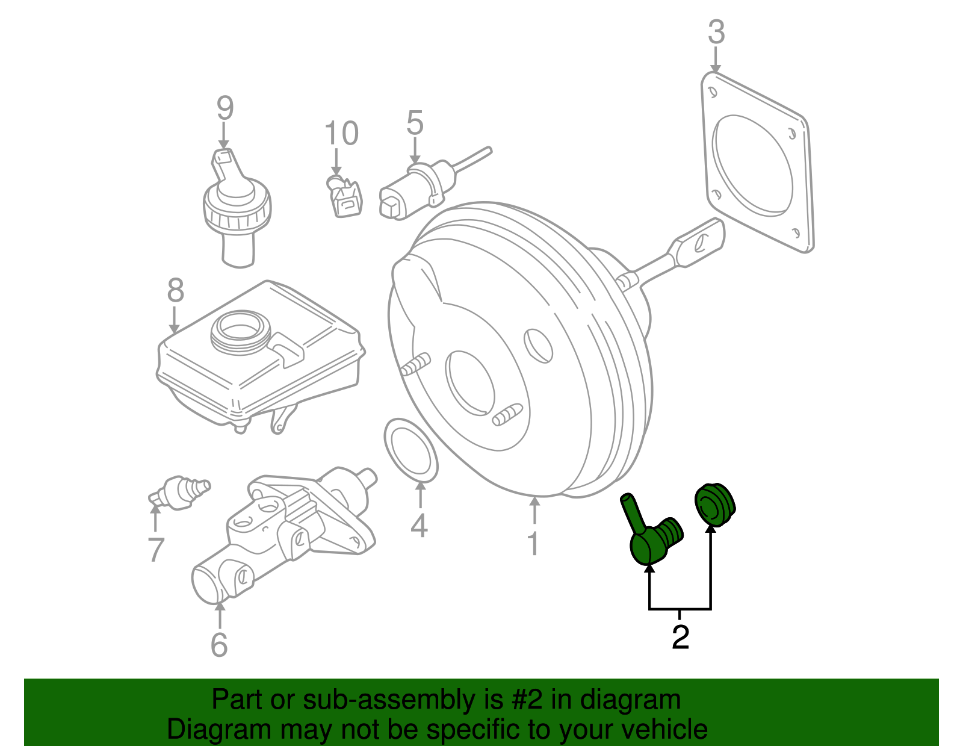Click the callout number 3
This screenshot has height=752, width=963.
point(716,32)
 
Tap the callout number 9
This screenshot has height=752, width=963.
point(224,108)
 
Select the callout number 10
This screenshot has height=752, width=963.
point(341,133)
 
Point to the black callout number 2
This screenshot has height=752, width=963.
point(681,637)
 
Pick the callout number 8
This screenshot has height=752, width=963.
point(176,290)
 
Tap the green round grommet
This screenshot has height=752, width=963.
point(715,505)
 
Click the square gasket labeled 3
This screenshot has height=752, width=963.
point(757,163)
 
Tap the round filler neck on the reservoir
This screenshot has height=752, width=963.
point(241,332)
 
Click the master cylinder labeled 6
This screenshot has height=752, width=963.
point(284,533)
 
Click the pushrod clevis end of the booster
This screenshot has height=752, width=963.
point(698,243)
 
